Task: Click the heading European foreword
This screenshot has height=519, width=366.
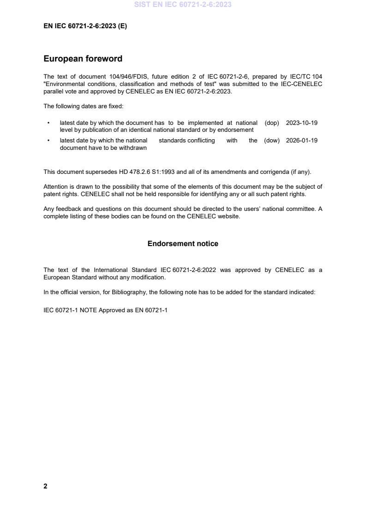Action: (x=83, y=59)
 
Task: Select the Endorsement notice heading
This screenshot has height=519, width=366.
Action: (x=183, y=243)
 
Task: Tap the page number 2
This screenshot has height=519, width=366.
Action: (x=45, y=486)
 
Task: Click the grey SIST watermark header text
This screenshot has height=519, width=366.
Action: (x=183, y=5)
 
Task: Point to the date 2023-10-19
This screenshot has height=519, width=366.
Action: (x=301, y=123)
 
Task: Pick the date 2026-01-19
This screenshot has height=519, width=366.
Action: (x=301, y=141)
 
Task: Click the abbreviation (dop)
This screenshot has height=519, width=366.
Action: (x=272, y=123)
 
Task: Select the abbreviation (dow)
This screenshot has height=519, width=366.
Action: (x=272, y=141)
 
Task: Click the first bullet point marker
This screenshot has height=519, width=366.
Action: (x=48, y=123)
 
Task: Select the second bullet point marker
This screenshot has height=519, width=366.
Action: (x=48, y=141)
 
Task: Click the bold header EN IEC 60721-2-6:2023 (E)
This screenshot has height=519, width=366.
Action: (x=85, y=26)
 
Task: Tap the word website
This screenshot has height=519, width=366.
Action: (x=229, y=216)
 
